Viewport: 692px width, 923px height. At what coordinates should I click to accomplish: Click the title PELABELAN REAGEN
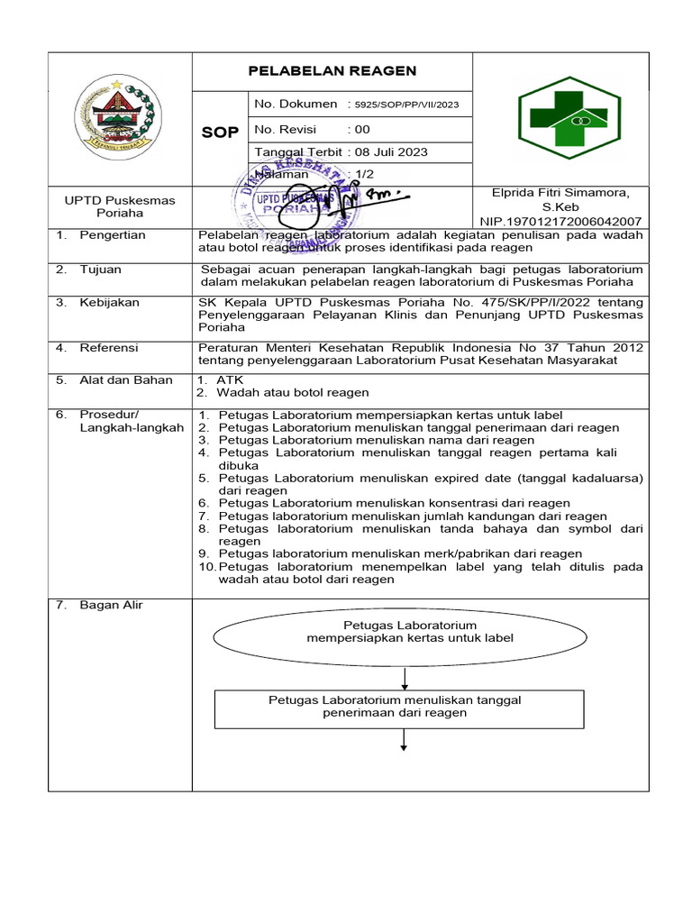tap(332, 71)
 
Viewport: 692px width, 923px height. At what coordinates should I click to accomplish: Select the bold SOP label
tap(220, 133)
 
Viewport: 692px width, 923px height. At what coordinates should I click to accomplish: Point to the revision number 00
tap(362, 129)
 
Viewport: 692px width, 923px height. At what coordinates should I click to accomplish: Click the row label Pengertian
tap(113, 235)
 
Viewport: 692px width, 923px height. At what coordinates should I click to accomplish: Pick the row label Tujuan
tap(100, 270)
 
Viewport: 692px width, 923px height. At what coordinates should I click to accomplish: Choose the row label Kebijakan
tap(109, 303)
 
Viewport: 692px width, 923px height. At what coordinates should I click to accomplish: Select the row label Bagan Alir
tap(111, 605)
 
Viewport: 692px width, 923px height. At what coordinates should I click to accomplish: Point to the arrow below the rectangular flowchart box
tap(404, 738)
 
